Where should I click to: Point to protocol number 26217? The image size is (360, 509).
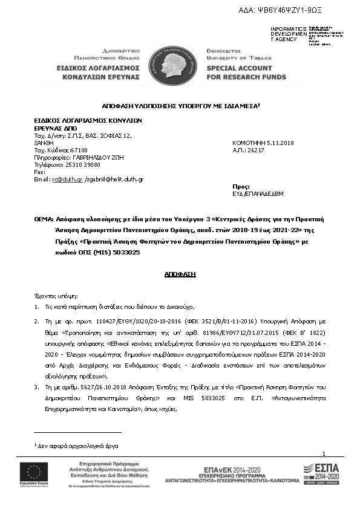[x=255, y=149]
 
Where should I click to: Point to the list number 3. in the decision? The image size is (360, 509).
[x=36, y=369]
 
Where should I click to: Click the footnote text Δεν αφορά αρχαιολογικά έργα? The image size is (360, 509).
[x=79, y=445]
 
